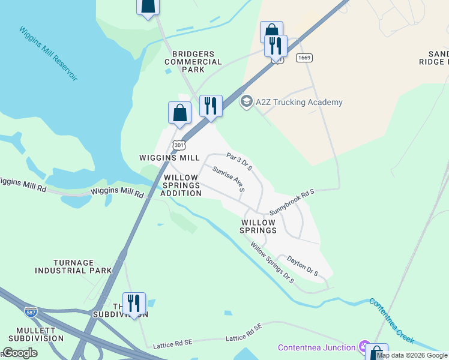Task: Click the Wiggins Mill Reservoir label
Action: pos(49,53)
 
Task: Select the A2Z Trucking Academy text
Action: pos(299,102)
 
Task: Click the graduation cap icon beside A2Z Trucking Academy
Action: pos(246,101)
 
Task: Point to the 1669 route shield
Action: pos(304,58)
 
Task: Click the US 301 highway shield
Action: pos(179,145)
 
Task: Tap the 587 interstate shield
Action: pos(31,312)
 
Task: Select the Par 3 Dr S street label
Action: pos(239,161)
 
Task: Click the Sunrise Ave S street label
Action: pos(229,179)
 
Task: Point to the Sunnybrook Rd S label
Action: pos(292,202)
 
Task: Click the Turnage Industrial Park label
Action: pos(82,266)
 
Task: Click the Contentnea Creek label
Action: pos(391,320)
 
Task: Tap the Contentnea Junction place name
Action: pos(316,347)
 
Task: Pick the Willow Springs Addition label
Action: pos(182,185)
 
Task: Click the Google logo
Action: pos(20,353)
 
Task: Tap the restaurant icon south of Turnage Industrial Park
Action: pos(134,303)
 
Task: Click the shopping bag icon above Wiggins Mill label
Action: pos(179,112)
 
